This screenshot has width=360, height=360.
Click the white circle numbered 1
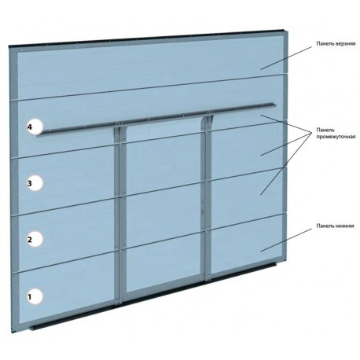35,296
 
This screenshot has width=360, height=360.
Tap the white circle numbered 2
35,239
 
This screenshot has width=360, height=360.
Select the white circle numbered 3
35,182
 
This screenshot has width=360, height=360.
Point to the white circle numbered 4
35,127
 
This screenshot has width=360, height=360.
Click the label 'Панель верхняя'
336,43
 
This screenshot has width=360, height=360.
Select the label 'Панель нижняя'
335,226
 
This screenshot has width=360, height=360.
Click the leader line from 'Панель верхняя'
286,58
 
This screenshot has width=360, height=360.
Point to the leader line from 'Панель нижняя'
286,240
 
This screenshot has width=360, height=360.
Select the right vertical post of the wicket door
208,199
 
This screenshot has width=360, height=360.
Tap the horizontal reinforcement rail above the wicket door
156,119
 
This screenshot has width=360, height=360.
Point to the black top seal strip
147,38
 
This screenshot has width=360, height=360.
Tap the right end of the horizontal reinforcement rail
276,105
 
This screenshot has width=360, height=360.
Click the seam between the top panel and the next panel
149,87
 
